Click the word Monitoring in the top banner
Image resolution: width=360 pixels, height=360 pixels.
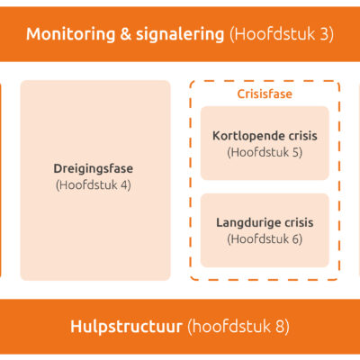pyautogui.click(x=71, y=34)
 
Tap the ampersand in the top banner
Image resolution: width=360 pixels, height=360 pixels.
pyautogui.click(x=126, y=34)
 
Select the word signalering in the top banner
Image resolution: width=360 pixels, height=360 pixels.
pyautogui.click(x=180, y=34)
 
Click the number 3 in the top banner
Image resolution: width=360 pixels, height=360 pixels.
pyautogui.click(x=324, y=34)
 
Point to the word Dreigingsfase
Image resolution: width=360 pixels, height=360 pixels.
pyautogui.click(x=94, y=169)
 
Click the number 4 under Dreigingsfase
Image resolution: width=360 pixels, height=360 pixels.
pyautogui.click(x=124, y=185)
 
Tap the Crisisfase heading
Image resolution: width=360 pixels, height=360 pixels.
pyautogui.click(x=265, y=94)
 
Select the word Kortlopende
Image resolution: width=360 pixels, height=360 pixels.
pyautogui.click(x=248, y=136)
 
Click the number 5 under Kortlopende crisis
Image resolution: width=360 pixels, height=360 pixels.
pyautogui.click(x=295, y=152)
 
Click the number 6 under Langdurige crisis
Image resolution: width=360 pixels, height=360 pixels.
pyautogui.click(x=295, y=239)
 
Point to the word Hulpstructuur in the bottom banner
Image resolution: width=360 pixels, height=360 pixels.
pyautogui.click(x=126, y=327)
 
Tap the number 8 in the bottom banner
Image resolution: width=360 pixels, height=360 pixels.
pyautogui.click(x=280, y=327)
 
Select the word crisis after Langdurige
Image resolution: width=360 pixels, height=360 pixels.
pyautogui.click(x=299, y=223)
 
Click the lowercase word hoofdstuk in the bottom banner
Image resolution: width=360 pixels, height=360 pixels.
pyautogui.click(x=231, y=327)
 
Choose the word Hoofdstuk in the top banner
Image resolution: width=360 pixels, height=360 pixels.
pyautogui.click(x=275, y=34)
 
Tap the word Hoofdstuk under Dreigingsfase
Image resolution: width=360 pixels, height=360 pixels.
pyautogui.click(x=88, y=185)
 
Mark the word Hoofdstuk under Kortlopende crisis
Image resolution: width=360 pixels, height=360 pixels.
pyautogui.click(x=260, y=152)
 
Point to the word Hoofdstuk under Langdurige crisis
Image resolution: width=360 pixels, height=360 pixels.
pyautogui.click(x=260, y=239)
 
